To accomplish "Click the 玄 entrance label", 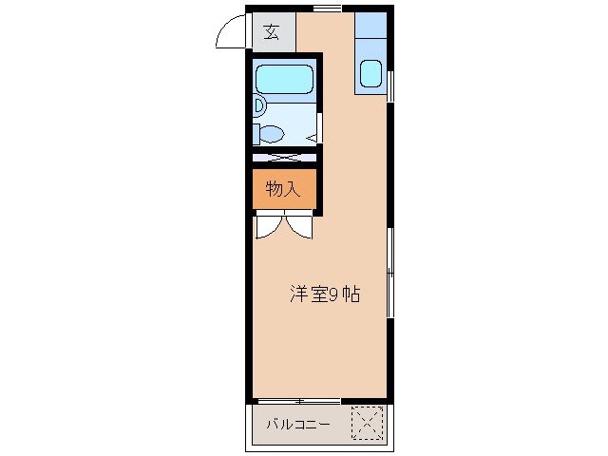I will coord(272,32).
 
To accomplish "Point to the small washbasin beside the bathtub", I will coord(258,104).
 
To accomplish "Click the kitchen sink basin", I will coord(371,73).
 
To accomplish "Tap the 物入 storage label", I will coord(283,188).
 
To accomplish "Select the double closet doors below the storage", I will coord(283,227).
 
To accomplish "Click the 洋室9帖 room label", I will coord(324,294).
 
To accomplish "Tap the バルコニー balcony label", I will coord(298,425).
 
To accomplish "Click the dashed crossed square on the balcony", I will coord(367,423).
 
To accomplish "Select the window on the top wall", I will coord(327,9).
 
